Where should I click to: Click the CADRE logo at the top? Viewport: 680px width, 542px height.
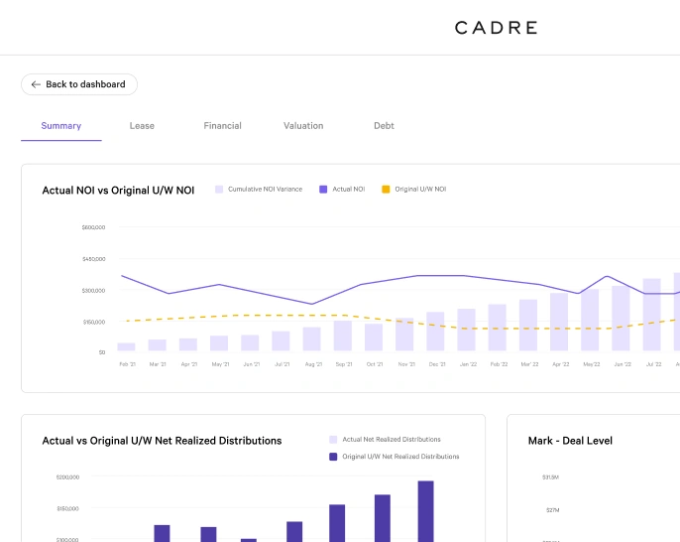496,28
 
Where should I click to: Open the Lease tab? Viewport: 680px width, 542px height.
142,126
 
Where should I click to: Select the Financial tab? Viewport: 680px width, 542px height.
222,126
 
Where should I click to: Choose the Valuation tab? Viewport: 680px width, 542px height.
303,126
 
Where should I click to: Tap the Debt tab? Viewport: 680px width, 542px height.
384,126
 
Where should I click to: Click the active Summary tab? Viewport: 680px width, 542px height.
61,126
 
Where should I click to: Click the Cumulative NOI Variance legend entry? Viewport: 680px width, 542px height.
264,189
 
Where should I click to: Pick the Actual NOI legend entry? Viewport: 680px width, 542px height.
347,189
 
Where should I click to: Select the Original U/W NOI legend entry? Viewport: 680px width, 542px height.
419,189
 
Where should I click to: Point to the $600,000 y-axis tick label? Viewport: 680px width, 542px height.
93,227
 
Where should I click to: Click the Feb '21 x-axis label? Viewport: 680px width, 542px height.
127,364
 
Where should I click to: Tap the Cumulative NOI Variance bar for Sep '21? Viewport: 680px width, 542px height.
342,336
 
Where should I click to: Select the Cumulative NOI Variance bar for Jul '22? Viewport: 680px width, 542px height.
651,315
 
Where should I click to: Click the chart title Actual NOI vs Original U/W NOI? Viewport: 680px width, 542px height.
118,190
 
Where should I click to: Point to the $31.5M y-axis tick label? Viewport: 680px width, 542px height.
549,477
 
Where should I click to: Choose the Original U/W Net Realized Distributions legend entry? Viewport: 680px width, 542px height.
400,457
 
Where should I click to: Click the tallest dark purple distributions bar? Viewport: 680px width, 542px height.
425,511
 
